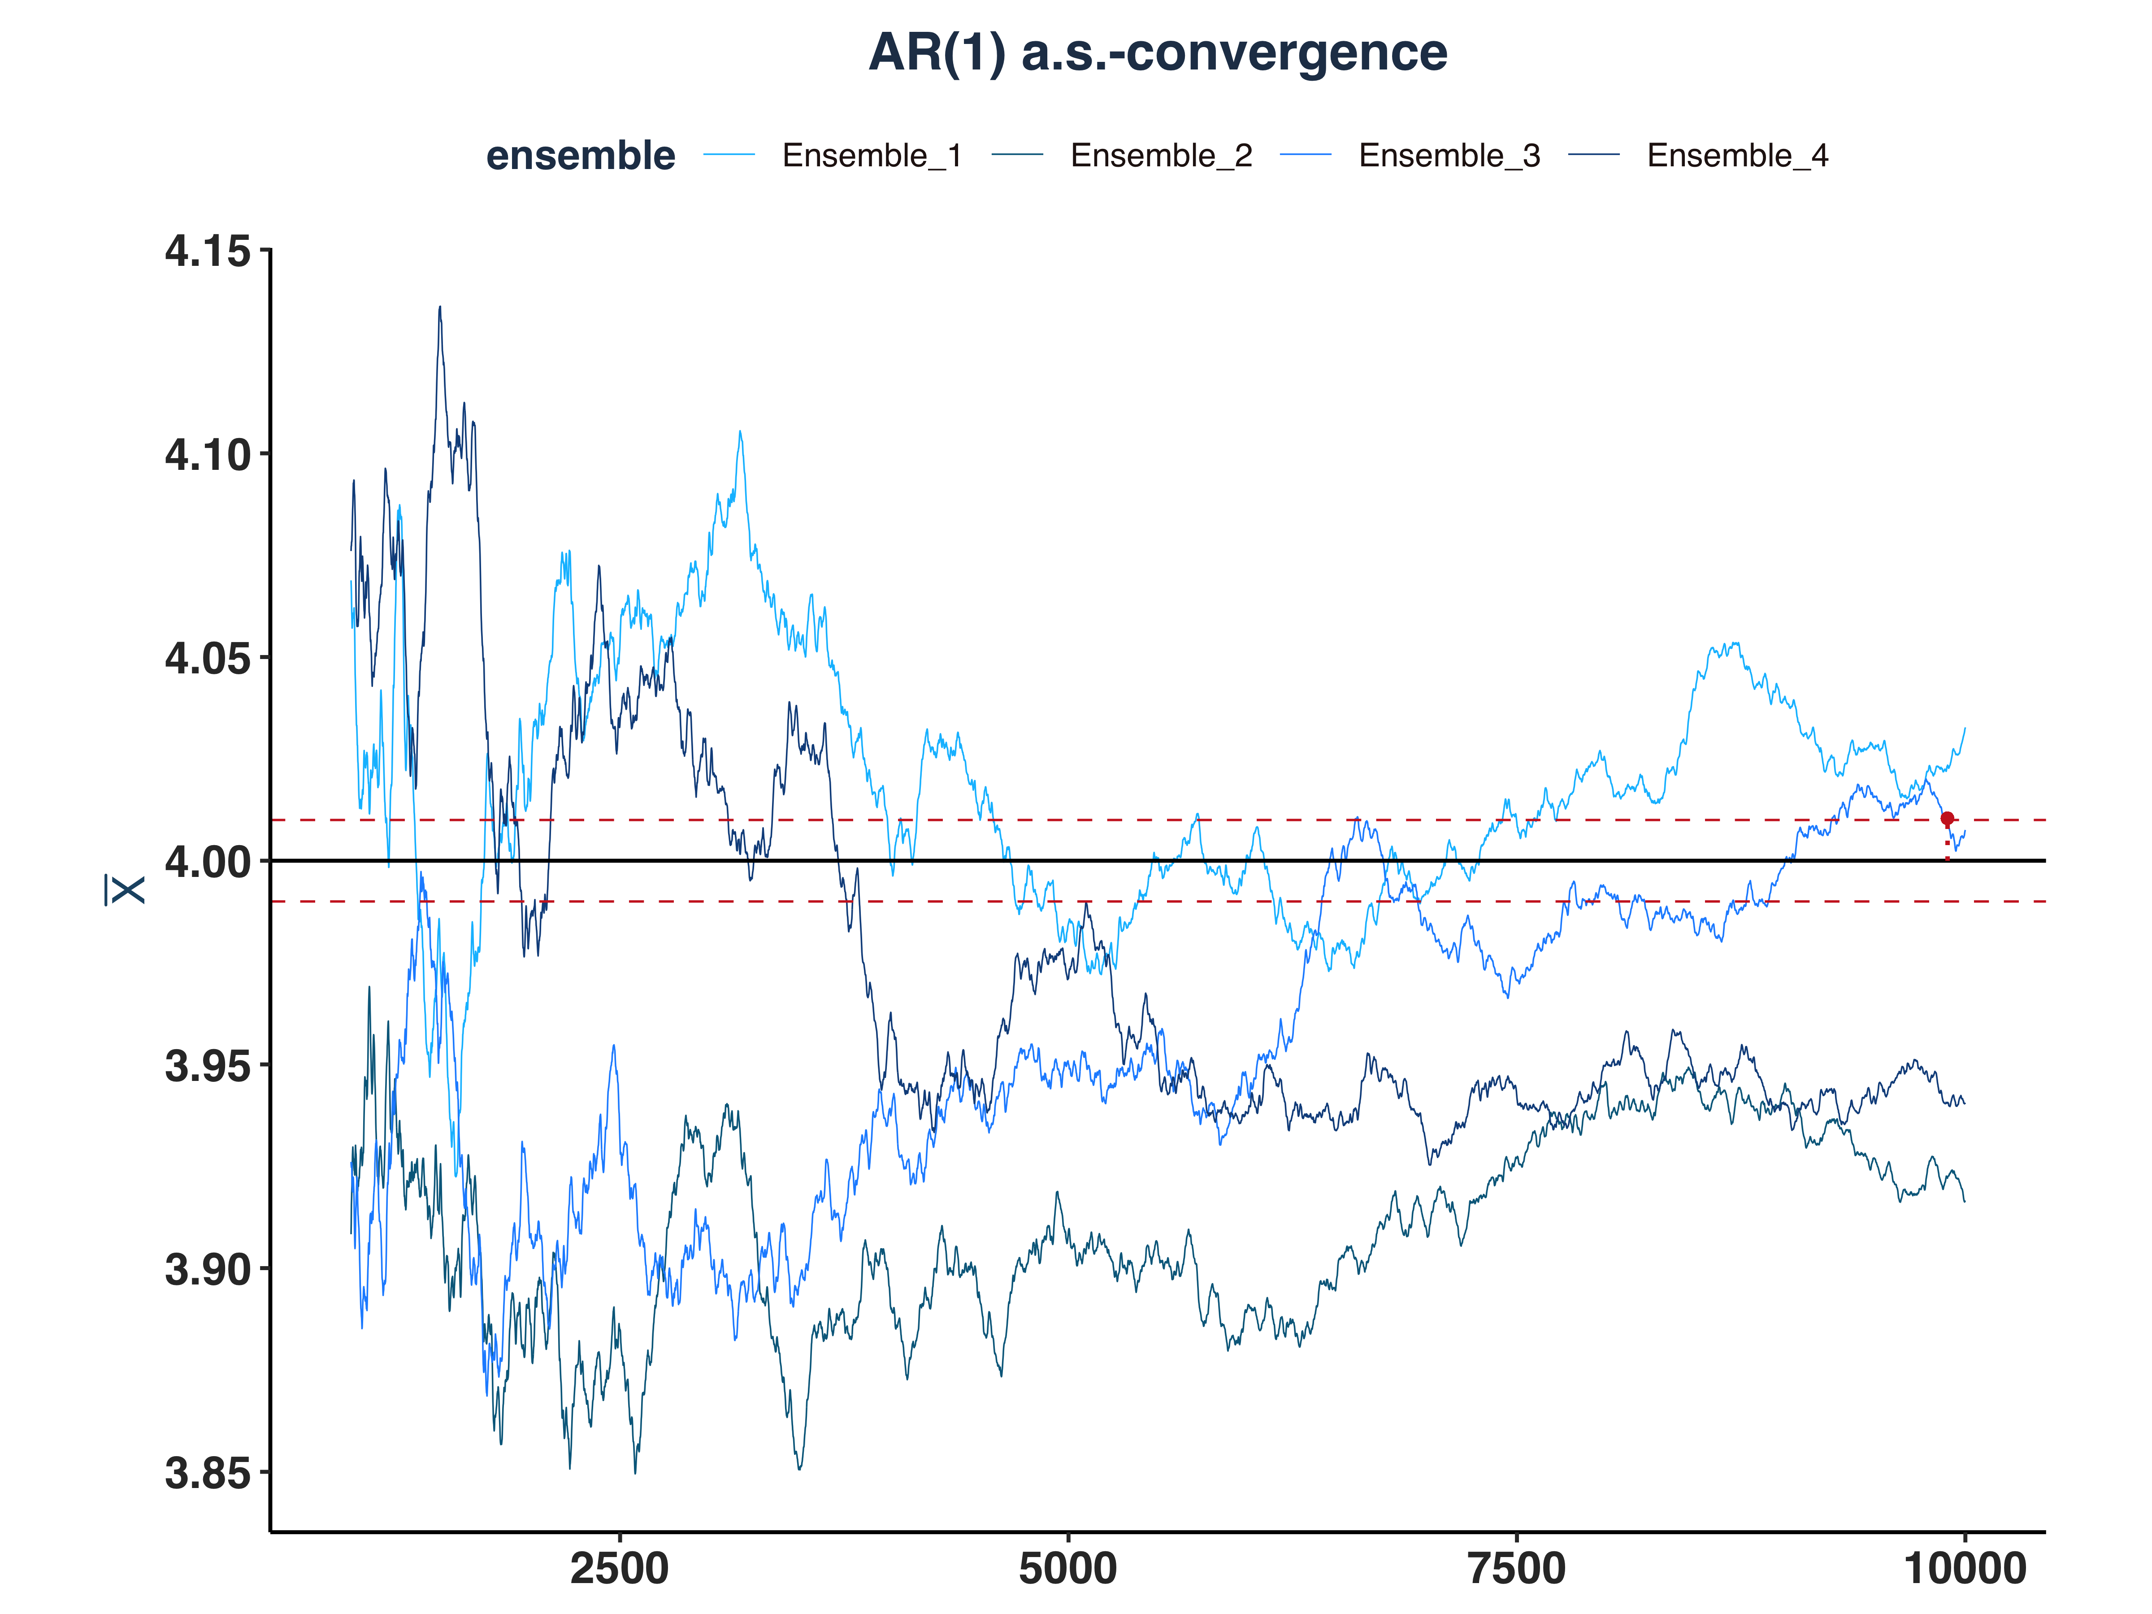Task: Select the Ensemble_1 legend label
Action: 872,156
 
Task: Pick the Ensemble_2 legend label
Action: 1161,156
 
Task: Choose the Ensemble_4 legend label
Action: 1738,156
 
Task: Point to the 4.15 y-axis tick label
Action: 207,252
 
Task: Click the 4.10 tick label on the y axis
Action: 207,456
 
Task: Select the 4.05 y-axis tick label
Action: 207,659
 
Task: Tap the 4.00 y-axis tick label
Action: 207,862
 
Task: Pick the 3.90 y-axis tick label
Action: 207,1270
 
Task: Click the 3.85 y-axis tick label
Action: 207,1473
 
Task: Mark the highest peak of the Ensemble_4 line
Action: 440,308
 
